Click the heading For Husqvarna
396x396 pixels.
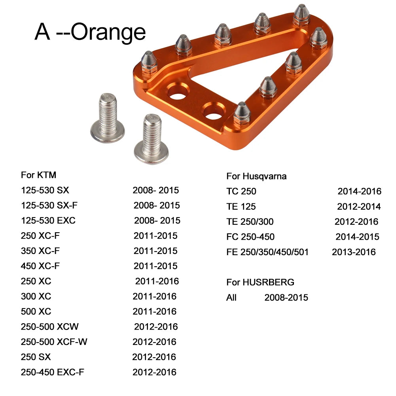[x=256, y=176]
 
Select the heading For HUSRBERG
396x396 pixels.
[x=260, y=282]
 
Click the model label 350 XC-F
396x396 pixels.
[x=40, y=251]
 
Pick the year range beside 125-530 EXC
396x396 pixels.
[x=157, y=220]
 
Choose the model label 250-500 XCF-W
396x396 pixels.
[x=54, y=342]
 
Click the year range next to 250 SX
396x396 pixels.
[x=154, y=357]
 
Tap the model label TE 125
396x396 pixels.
[x=241, y=207]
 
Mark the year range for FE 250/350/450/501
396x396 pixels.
[x=354, y=252]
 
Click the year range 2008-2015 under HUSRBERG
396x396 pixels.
[x=286, y=297]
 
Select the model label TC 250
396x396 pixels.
[x=241, y=191]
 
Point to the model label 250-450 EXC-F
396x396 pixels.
[x=52, y=372]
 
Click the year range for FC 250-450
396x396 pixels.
[x=357, y=237]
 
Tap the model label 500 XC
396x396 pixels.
[x=36, y=311]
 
